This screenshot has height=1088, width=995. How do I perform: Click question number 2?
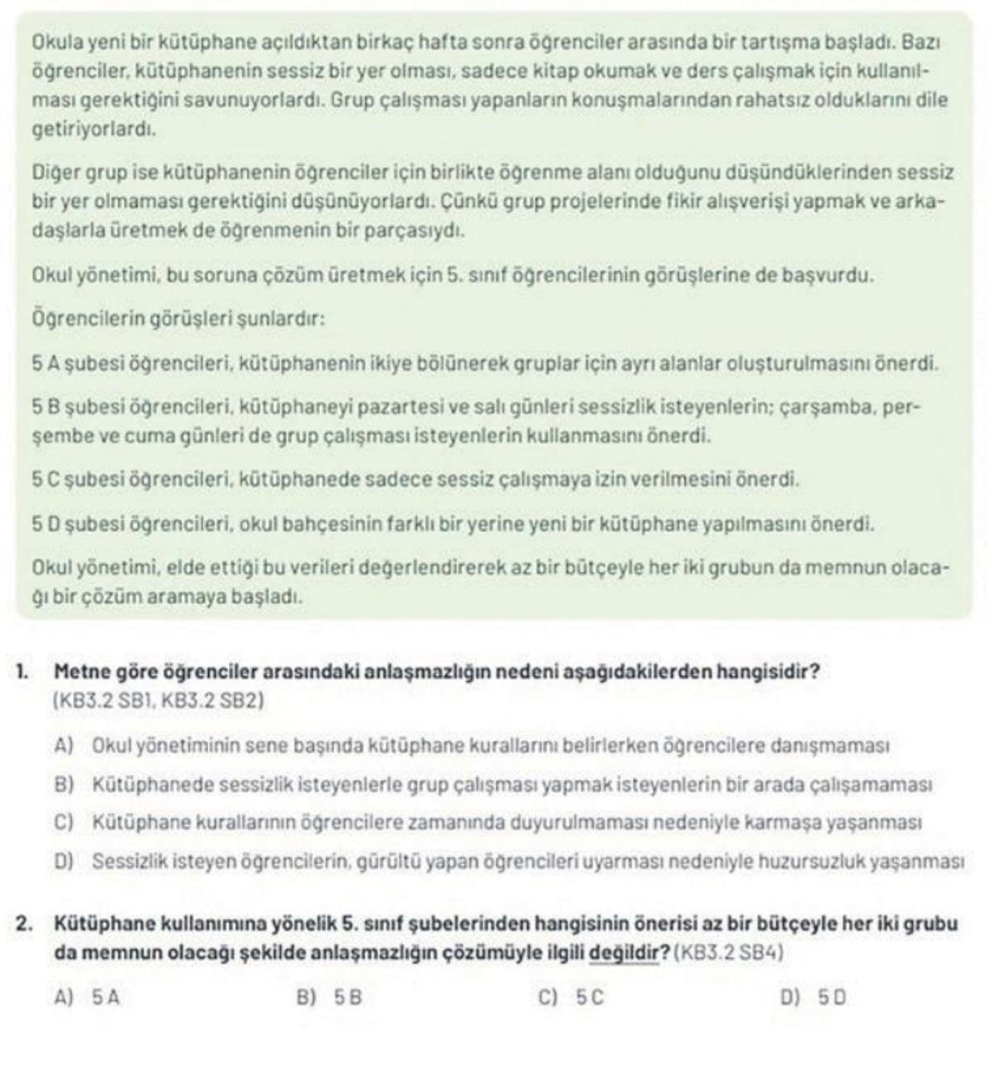pyautogui.click(x=25, y=923)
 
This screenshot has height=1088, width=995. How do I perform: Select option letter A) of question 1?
pyautogui.click(x=64, y=745)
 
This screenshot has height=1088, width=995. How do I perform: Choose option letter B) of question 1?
pyautogui.click(x=64, y=783)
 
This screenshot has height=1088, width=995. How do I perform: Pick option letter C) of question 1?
pyautogui.click(x=64, y=822)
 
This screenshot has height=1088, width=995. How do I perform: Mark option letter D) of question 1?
pyautogui.click(x=64, y=861)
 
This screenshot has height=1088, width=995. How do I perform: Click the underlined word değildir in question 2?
pyautogui.click(x=624, y=953)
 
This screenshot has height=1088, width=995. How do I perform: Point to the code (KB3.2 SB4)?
pyautogui.click(x=730, y=953)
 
